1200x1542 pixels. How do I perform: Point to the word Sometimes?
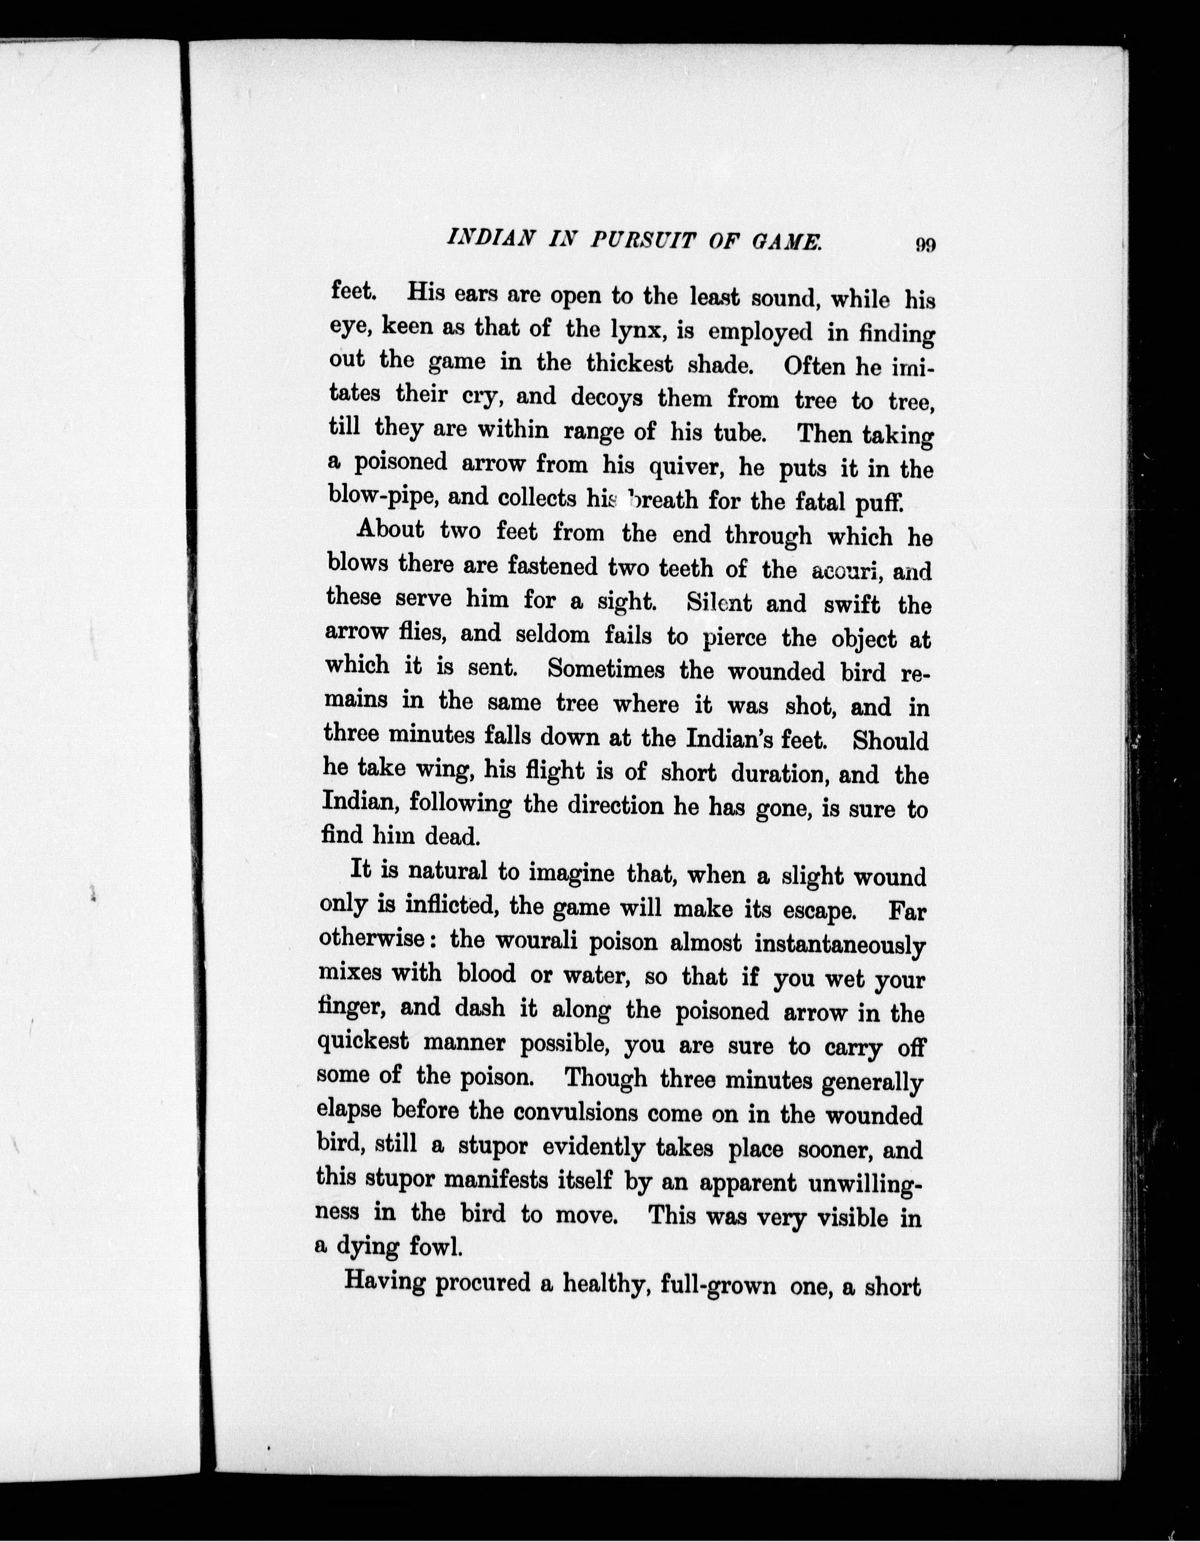point(606,669)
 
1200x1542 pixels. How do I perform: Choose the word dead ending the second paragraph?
point(452,836)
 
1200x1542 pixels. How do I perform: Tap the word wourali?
point(537,941)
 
